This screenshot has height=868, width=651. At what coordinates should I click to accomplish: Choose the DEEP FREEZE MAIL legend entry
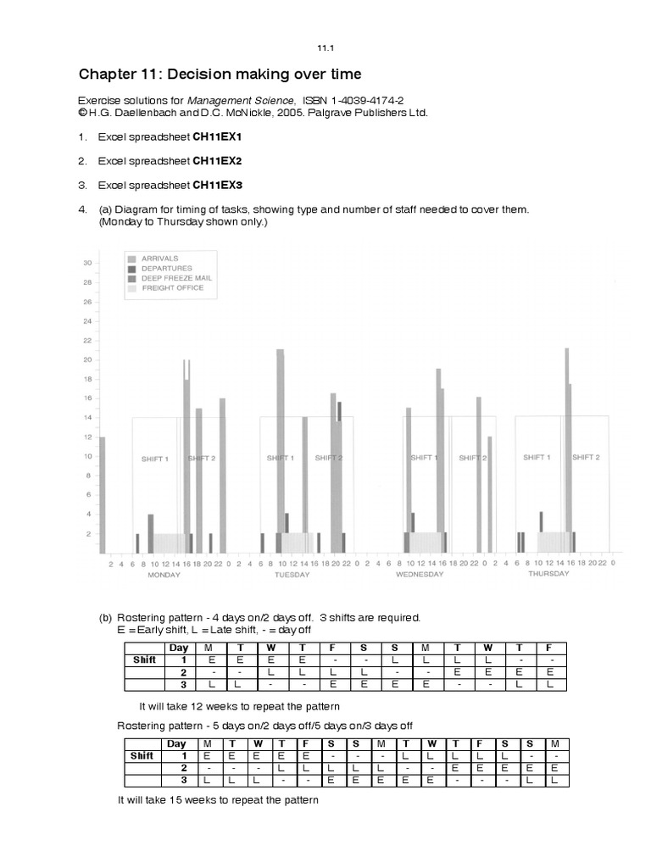pos(175,278)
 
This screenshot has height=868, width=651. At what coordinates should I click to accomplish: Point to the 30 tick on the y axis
pos(86,263)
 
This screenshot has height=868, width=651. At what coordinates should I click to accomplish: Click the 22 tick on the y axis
pos(86,340)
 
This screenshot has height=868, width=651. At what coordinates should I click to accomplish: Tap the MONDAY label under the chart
pos(164,574)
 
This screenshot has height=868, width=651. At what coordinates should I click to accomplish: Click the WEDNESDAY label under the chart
pos(420,574)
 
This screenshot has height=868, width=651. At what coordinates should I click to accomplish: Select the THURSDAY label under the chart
pos(548,574)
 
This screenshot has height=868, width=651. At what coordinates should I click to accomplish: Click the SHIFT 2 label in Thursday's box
pos(586,457)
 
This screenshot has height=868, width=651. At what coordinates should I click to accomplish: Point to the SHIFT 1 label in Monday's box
pos(154,459)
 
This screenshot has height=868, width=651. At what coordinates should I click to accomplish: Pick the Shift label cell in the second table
pos(142,755)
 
